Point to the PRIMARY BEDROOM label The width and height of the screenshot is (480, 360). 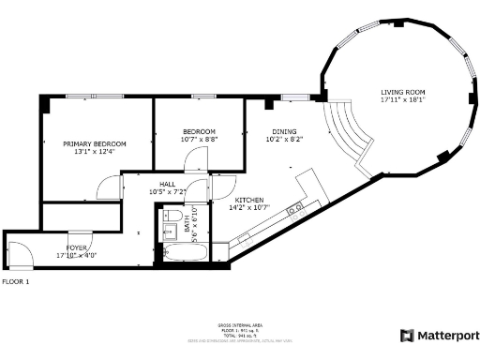click(94, 143)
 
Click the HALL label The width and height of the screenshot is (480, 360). click(168, 184)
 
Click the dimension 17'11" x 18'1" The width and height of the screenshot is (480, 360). click(402, 99)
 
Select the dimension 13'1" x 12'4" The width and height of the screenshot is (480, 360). click(94, 152)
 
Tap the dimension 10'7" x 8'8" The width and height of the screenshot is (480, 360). click(199, 140)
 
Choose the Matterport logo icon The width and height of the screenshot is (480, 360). click(407, 335)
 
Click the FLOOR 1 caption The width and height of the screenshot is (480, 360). click(16, 281)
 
